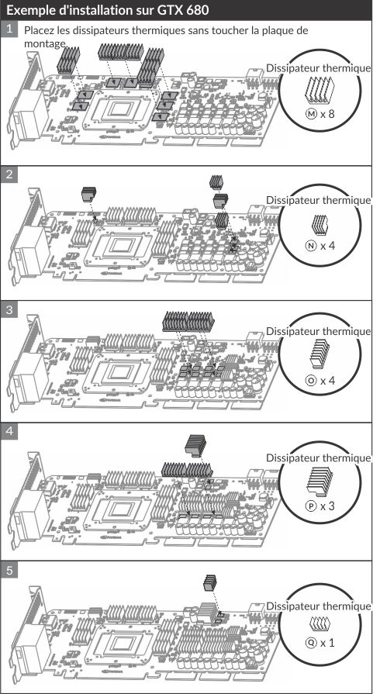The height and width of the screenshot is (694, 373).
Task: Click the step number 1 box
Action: (x=9, y=29)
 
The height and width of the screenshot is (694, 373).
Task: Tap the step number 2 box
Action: (x=9, y=174)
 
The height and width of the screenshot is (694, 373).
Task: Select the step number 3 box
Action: (x=9, y=310)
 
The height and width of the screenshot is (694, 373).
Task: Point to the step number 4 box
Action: (x=9, y=431)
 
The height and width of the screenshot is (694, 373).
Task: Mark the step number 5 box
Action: (x=9, y=571)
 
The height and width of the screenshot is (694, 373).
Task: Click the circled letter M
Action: (x=312, y=114)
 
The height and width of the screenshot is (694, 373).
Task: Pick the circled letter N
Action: (x=311, y=246)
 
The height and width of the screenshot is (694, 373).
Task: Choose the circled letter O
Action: (x=311, y=380)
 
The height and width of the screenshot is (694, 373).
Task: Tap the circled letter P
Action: (x=311, y=506)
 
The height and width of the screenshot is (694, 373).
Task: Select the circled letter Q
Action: (x=311, y=642)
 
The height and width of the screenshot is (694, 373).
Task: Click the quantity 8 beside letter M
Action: (x=331, y=114)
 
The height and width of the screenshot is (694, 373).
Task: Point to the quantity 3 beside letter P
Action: (x=331, y=506)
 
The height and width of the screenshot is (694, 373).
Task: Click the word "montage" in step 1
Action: (x=45, y=43)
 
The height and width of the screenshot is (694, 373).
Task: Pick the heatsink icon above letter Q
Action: (x=320, y=623)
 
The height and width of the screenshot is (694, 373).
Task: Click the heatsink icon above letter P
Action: (x=320, y=482)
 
